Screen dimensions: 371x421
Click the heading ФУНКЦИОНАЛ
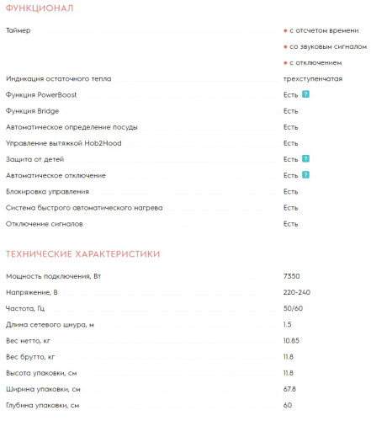pos(39,8)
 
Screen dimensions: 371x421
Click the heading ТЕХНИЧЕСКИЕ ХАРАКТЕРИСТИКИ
pos(82,253)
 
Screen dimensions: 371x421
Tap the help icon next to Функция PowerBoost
pos(306,94)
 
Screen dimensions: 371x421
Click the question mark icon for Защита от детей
pos(306,158)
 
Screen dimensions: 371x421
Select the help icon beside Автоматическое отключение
pos(306,174)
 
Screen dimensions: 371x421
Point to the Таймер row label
pos(18,30)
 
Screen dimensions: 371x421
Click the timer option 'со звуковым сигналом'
pos(327,46)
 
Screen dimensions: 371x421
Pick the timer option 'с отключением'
pos(315,62)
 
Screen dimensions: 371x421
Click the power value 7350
pos(292,276)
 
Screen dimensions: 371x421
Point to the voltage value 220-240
pos(297,292)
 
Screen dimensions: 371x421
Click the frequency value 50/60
pos(293,308)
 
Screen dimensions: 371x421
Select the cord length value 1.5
pos(288,324)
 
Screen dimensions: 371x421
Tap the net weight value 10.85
pos(292,340)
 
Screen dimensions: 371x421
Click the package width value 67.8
pos(290,388)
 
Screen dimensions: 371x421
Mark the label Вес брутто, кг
pos(30,356)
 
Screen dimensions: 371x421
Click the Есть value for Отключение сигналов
pos(290,223)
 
